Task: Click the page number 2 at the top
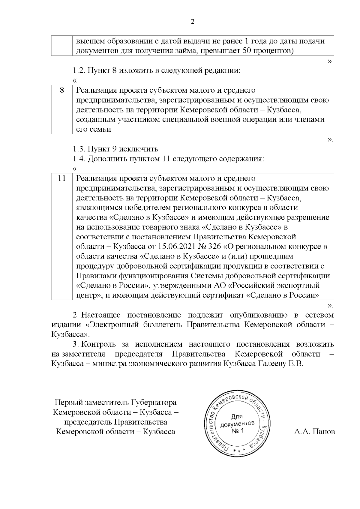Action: [x=192, y=22]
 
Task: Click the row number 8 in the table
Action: [x=62, y=90]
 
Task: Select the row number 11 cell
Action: [x=62, y=178]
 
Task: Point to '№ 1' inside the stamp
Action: [x=238, y=431]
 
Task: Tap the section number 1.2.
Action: [x=79, y=71]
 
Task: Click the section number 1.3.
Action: [x=79, y=149]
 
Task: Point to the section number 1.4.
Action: [x=79, y=159]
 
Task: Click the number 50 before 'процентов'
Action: [x=242, y=51]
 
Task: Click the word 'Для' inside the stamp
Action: [x=237, y=417]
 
